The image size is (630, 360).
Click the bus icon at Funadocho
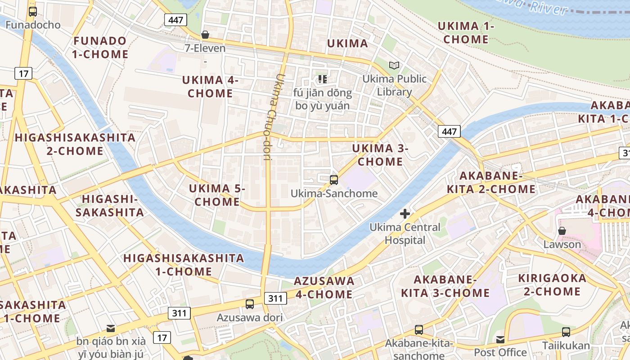point(32,12)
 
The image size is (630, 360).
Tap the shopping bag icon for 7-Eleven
point(205,35)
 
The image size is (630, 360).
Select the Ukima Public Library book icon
point(394,66)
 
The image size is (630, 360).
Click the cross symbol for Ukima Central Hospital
point(405,214)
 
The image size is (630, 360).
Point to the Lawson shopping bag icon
point(562,231)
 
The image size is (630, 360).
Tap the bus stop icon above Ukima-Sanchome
point(333,180)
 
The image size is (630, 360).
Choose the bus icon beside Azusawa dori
point(250,304)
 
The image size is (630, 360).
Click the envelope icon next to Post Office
point(500,339)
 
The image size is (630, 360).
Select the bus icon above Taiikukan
point(566,332)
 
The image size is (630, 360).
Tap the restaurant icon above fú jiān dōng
point(322,79)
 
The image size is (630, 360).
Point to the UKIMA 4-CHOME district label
point(211,87)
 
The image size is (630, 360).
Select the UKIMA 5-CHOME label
point(217,195)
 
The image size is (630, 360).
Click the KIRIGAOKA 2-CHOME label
point(553,284)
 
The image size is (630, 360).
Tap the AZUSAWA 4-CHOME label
point(324,288)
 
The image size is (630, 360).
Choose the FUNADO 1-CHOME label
point(100,47)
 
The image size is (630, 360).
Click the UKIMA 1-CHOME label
point(466,33)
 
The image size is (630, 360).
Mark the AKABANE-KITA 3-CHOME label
point(445,286)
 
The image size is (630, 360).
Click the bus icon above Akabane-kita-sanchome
point(418,330)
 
